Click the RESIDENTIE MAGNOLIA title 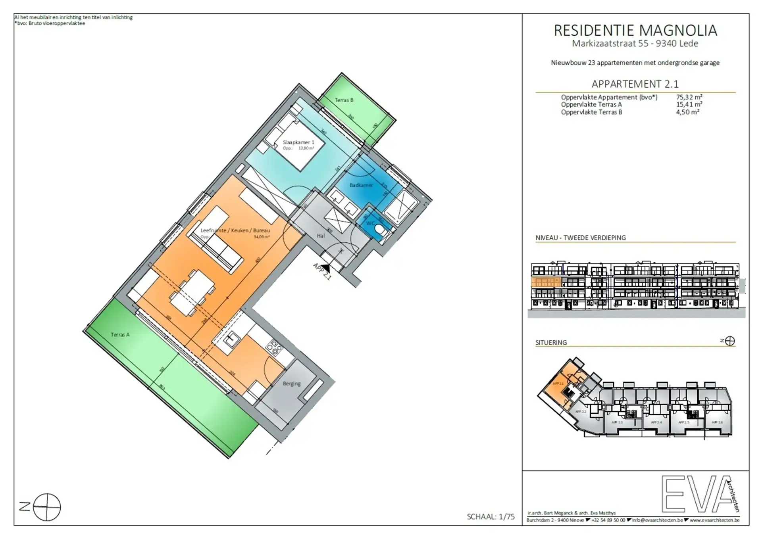635,31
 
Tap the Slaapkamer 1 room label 298,142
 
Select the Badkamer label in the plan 361,185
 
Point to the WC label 370,224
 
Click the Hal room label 321,236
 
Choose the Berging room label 292,384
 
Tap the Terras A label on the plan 120,335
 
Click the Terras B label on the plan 344,100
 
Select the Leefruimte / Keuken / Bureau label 235,230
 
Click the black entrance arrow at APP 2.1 326,269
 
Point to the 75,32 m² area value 689,97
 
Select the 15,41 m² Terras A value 689,104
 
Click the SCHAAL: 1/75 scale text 491,516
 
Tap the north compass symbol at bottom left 47,507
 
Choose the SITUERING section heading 551,342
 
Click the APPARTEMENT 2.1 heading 635,84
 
